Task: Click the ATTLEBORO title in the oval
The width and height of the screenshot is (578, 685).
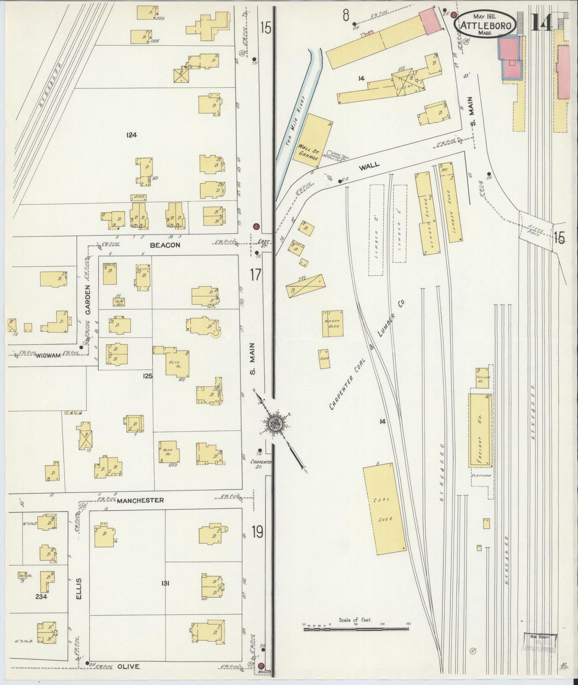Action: tap(486, 26)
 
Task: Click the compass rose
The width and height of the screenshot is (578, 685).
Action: tap(276, 422)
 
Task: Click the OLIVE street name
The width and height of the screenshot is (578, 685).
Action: tap(128, 666)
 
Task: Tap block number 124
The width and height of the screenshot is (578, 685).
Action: tap(131, 135)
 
